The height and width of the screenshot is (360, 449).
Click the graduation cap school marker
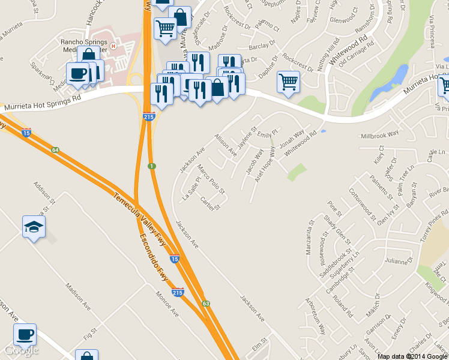point(34,227)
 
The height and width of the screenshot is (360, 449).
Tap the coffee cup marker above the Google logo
point(25,335)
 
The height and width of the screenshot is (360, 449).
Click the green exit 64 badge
point(55,149)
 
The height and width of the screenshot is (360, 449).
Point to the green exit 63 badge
point(205,304)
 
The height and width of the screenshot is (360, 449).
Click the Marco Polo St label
point(210,180)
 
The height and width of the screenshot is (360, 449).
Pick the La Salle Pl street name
point(193,188)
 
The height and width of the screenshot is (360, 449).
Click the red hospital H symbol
point(113,45)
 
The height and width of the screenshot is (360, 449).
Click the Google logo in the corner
point(21,350)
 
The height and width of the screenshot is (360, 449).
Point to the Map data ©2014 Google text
point(412,356)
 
